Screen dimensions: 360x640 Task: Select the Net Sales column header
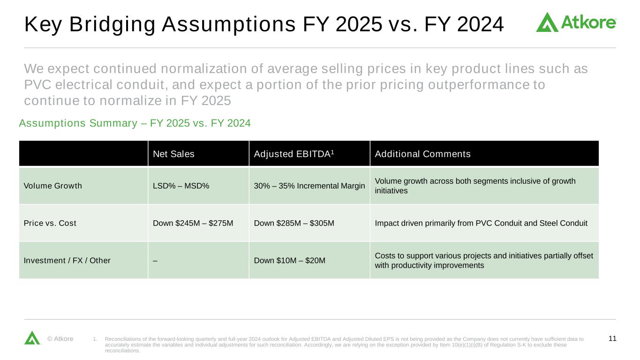point(173,154)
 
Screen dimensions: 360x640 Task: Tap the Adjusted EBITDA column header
point(294,154)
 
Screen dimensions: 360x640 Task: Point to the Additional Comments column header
point(422,154)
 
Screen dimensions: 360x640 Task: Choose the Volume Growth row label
point(53,186)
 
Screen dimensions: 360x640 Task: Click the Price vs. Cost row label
point(50,223)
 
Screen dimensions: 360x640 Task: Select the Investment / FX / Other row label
point(67,261)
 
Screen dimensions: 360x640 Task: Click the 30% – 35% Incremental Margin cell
point(309,186)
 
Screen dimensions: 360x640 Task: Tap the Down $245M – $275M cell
point(193,223)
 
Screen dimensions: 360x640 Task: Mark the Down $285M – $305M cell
point(294,223)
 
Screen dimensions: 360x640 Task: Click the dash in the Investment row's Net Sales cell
point(155,261)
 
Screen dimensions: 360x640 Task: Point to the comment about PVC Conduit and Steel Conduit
point(481,223)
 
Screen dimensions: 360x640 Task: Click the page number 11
point(612,338)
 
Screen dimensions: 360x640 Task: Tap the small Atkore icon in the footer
point(32,338)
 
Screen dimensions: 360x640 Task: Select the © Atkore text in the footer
point(60,338)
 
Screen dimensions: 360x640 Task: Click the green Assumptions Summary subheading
point(135,123)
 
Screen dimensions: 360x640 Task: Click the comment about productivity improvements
point(484,261)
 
